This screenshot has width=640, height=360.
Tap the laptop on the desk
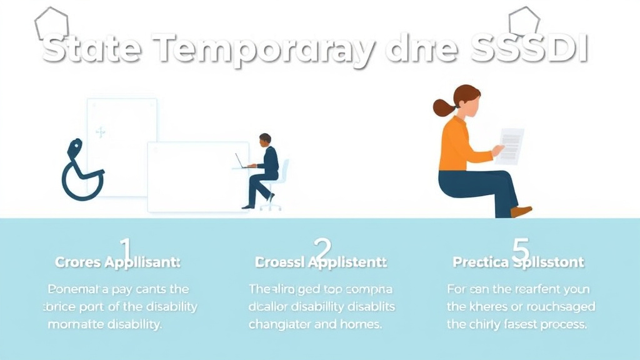(241, 162)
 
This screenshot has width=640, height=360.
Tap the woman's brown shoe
(521, 211)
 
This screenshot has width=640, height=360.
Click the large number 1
(126, 250)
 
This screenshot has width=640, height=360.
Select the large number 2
(322, 250)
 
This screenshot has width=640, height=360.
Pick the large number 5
(520, 250)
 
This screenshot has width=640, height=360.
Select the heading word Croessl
(281, 263)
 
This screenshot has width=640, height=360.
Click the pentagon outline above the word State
(51, 23)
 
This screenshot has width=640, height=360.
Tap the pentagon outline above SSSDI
(524, 22)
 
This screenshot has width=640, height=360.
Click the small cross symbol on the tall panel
(100, 132)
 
